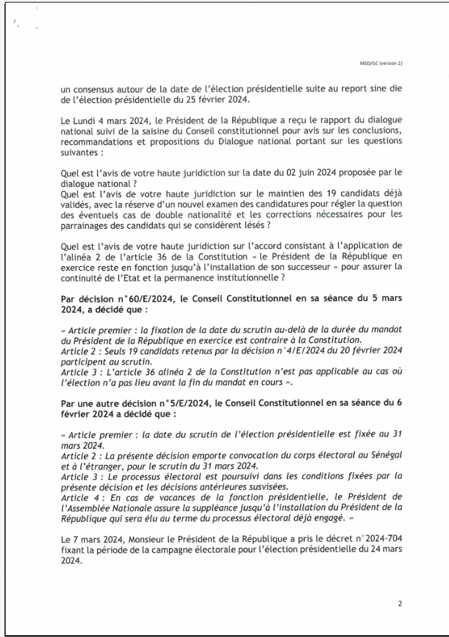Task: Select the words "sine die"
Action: [x=380, y=90]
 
